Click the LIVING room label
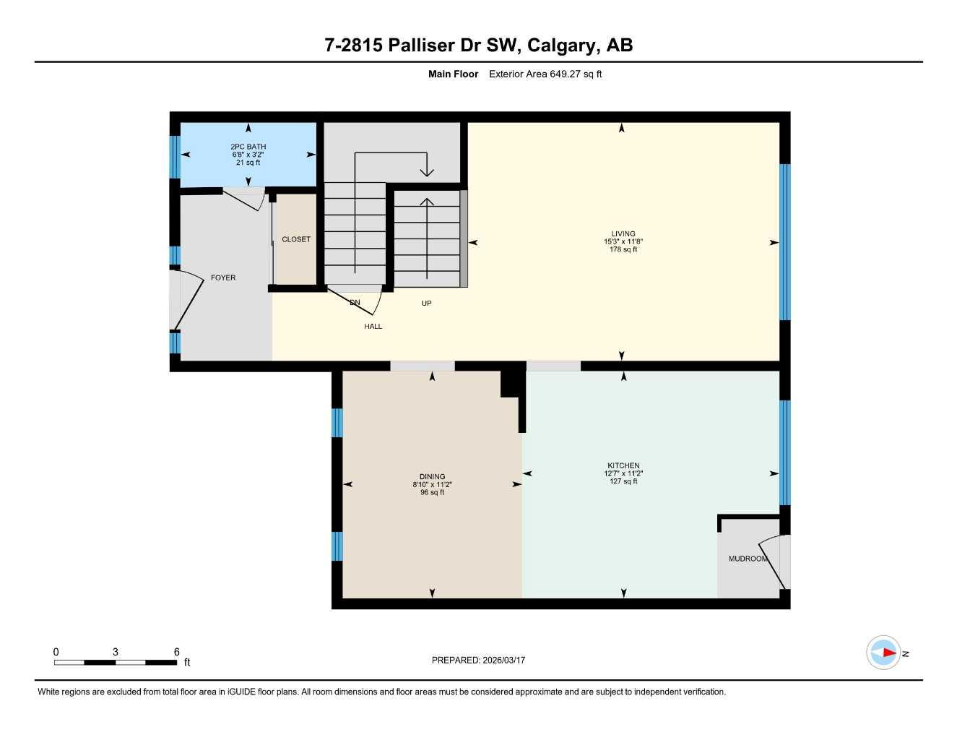pyautogui.click(x=623, y=233)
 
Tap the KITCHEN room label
pyautogui.click(x=623, y=465)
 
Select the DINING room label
pyautogui.click(x=432, y=477)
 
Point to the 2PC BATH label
pyautogui.click(x=248, y=147)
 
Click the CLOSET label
pyautogui.click(x=296, y=239)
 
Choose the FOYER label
pyautogui.click(x=223, y=277)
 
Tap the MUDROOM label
pyautogui.click(x=747, y=559)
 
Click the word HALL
pyautogui.click(x=373, y=327)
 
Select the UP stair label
pyautogui.click(x=426, y=304)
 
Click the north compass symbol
pyautogui.click(x=884, y=653)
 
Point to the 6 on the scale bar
pyautogui.click(x=176, y=652)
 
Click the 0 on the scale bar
pyautogui.click(x=56, y=652)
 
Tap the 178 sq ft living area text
pyautogui.click(x=623, y=249)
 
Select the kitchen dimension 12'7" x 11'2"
pyautogui.click(x=623, y=473)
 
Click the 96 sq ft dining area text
pyautogui.click(x=432, y=493)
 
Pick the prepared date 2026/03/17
pyautogui.click(x=503, y=660)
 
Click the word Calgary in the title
pyautogui.click(x=562, y=45)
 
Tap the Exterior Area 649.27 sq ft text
pyautogui.click(x=545, y=74)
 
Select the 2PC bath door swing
pyautogui.click(x=246, y=198)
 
